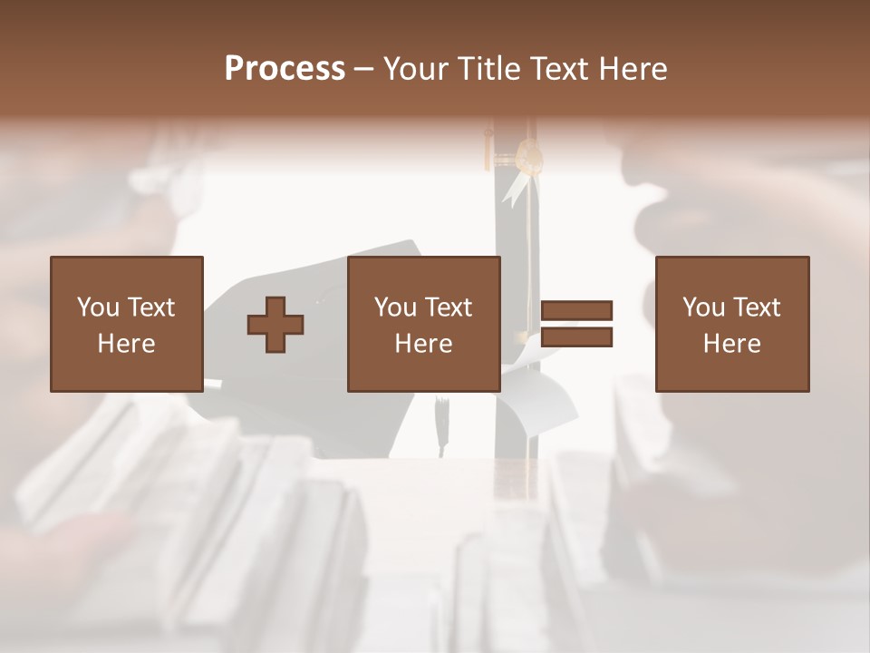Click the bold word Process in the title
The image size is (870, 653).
coord(285,69)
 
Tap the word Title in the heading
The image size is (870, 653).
coord(491,69)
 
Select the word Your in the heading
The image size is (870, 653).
coord(420,69)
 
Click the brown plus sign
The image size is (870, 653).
coord(275,325)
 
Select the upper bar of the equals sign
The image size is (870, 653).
coord(576,310)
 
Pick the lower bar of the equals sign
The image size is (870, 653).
coord(576,337)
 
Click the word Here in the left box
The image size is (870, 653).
coord(126,344)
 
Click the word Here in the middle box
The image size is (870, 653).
coord(423,344)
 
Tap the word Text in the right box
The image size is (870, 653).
coord(756,307)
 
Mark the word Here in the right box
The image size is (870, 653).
coord(731,344)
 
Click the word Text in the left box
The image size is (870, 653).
coord(150,307)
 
